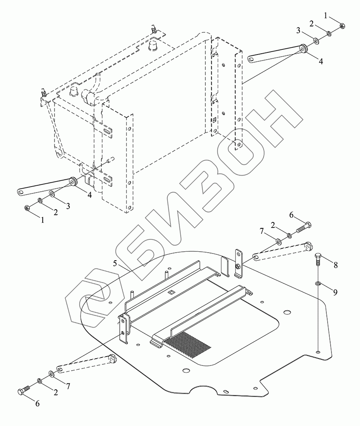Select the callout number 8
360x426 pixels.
point(336,265)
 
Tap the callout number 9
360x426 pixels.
point(335,292)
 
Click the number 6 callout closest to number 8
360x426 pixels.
point(292,216)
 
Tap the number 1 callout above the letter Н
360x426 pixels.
point(326,15)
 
